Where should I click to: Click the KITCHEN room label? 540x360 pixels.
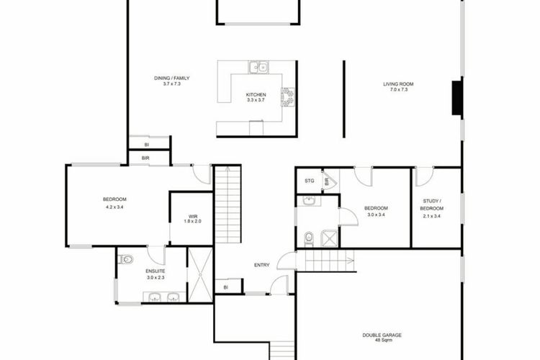[x=256, y=95]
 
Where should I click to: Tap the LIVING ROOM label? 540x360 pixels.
[x=398, y=84]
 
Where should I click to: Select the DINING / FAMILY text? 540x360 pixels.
[x=171, y=78]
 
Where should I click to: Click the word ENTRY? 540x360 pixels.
[x=262, y=265]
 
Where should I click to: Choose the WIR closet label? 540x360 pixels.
[x=192, y=216]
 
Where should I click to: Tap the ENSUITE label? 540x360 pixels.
[x=156, y=271]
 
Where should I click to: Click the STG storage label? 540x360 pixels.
[x=310, y=181]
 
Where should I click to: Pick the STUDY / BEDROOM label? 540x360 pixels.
[x=431, y=204]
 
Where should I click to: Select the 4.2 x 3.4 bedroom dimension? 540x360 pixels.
[x=114, y=207]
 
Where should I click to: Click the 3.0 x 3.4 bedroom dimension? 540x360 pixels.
[x=376, y=215]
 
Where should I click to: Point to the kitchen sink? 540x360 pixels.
[x=258, y=67]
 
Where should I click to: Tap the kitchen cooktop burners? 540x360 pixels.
[x=288, y=97]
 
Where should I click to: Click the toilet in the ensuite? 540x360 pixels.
[x=126, y=259]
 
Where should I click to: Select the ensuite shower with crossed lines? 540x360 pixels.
[x=200, y=275]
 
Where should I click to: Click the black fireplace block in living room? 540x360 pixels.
[x=457, y=97]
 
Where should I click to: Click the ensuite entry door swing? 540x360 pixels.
[x=157, y=256]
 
